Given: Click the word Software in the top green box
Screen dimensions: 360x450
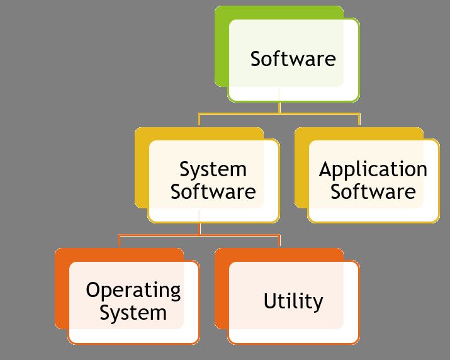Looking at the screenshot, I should coord(293,59).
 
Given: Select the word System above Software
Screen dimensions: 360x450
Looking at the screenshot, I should coord(213,169).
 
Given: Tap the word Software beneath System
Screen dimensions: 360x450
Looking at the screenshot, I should coord(213,191).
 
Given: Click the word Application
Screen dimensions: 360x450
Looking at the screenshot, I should coord(373,169).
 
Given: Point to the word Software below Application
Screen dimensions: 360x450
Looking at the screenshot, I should coord(373,191).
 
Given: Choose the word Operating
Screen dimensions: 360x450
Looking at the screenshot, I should coord(133,291).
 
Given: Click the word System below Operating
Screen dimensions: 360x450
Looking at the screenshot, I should coord(133,312).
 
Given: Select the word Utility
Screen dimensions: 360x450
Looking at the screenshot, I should coord(293,301).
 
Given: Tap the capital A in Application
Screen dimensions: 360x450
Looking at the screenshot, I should coord(326,169).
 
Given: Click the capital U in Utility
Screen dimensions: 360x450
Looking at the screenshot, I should coord(270,301).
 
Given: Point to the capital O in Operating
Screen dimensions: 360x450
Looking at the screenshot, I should coord(93,290).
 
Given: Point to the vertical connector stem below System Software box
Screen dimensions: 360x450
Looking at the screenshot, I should coord(200,228).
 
